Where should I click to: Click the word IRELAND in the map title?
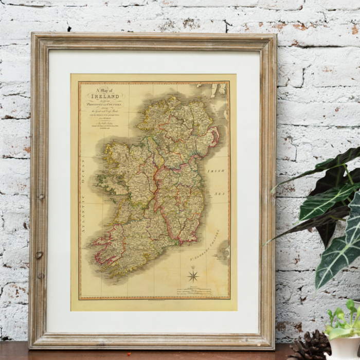click(x=105, y=96)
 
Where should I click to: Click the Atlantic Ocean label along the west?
click(x=82, y=195)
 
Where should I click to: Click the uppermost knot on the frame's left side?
click(x=41, y=196)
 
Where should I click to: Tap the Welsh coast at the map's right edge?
click(x=224, y=252)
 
